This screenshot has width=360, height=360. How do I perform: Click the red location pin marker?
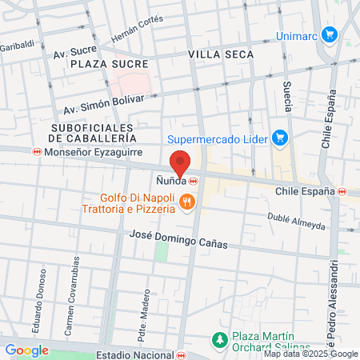click(181, 162)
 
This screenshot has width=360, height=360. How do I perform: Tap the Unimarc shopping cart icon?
click(338, 36)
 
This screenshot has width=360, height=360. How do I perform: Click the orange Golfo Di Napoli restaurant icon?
click(187, 202)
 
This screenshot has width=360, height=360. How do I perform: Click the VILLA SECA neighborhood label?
click(221, 54)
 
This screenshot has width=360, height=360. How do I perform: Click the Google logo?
click(26, 350)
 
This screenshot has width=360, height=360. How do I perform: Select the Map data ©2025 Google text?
click(311, 354)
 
